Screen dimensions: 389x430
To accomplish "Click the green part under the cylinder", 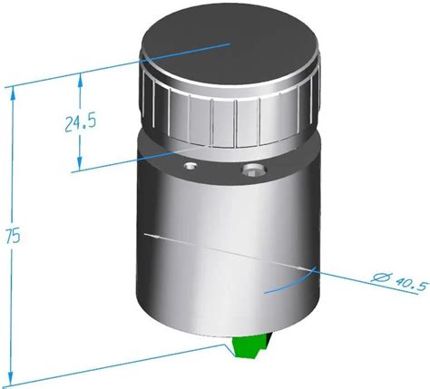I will click(x=248, y=350).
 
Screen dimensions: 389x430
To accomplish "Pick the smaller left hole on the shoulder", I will click(x=189, y=168).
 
